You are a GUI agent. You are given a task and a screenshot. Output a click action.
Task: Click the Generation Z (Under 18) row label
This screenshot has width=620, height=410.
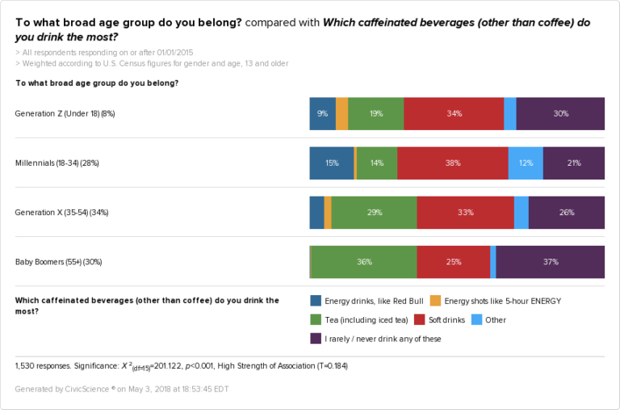[65, 114]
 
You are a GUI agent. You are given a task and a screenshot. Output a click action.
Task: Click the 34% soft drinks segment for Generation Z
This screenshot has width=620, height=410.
[453, 114]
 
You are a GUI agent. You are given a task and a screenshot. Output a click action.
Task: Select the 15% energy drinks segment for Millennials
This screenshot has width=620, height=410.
[331, 163]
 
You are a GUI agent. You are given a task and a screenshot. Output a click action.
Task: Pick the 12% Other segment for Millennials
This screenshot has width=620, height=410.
[526, 163]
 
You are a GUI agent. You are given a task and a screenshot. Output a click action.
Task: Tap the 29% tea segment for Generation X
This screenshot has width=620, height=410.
[374, 213]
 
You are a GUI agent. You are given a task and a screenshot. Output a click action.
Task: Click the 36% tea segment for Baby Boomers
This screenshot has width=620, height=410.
[364, 262]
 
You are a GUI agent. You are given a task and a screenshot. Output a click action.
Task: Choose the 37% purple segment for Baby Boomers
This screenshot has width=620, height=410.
[551, 262]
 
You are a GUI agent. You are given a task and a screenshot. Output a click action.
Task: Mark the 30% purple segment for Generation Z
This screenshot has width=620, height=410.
[560, 114]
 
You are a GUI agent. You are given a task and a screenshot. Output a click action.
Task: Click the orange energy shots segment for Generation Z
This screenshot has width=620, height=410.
[341, 114]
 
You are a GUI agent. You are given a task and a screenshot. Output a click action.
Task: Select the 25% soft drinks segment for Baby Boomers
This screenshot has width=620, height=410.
[453, 262]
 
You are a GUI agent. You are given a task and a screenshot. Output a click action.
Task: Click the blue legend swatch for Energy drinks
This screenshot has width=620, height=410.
[316, 300]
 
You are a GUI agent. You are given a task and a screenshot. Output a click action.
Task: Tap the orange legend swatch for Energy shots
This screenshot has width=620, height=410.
[435, 300]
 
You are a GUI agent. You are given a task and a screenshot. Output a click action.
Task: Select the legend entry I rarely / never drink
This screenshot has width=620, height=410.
[382, 339]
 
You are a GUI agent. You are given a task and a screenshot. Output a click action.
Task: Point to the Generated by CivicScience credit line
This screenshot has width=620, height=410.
[121, 389]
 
